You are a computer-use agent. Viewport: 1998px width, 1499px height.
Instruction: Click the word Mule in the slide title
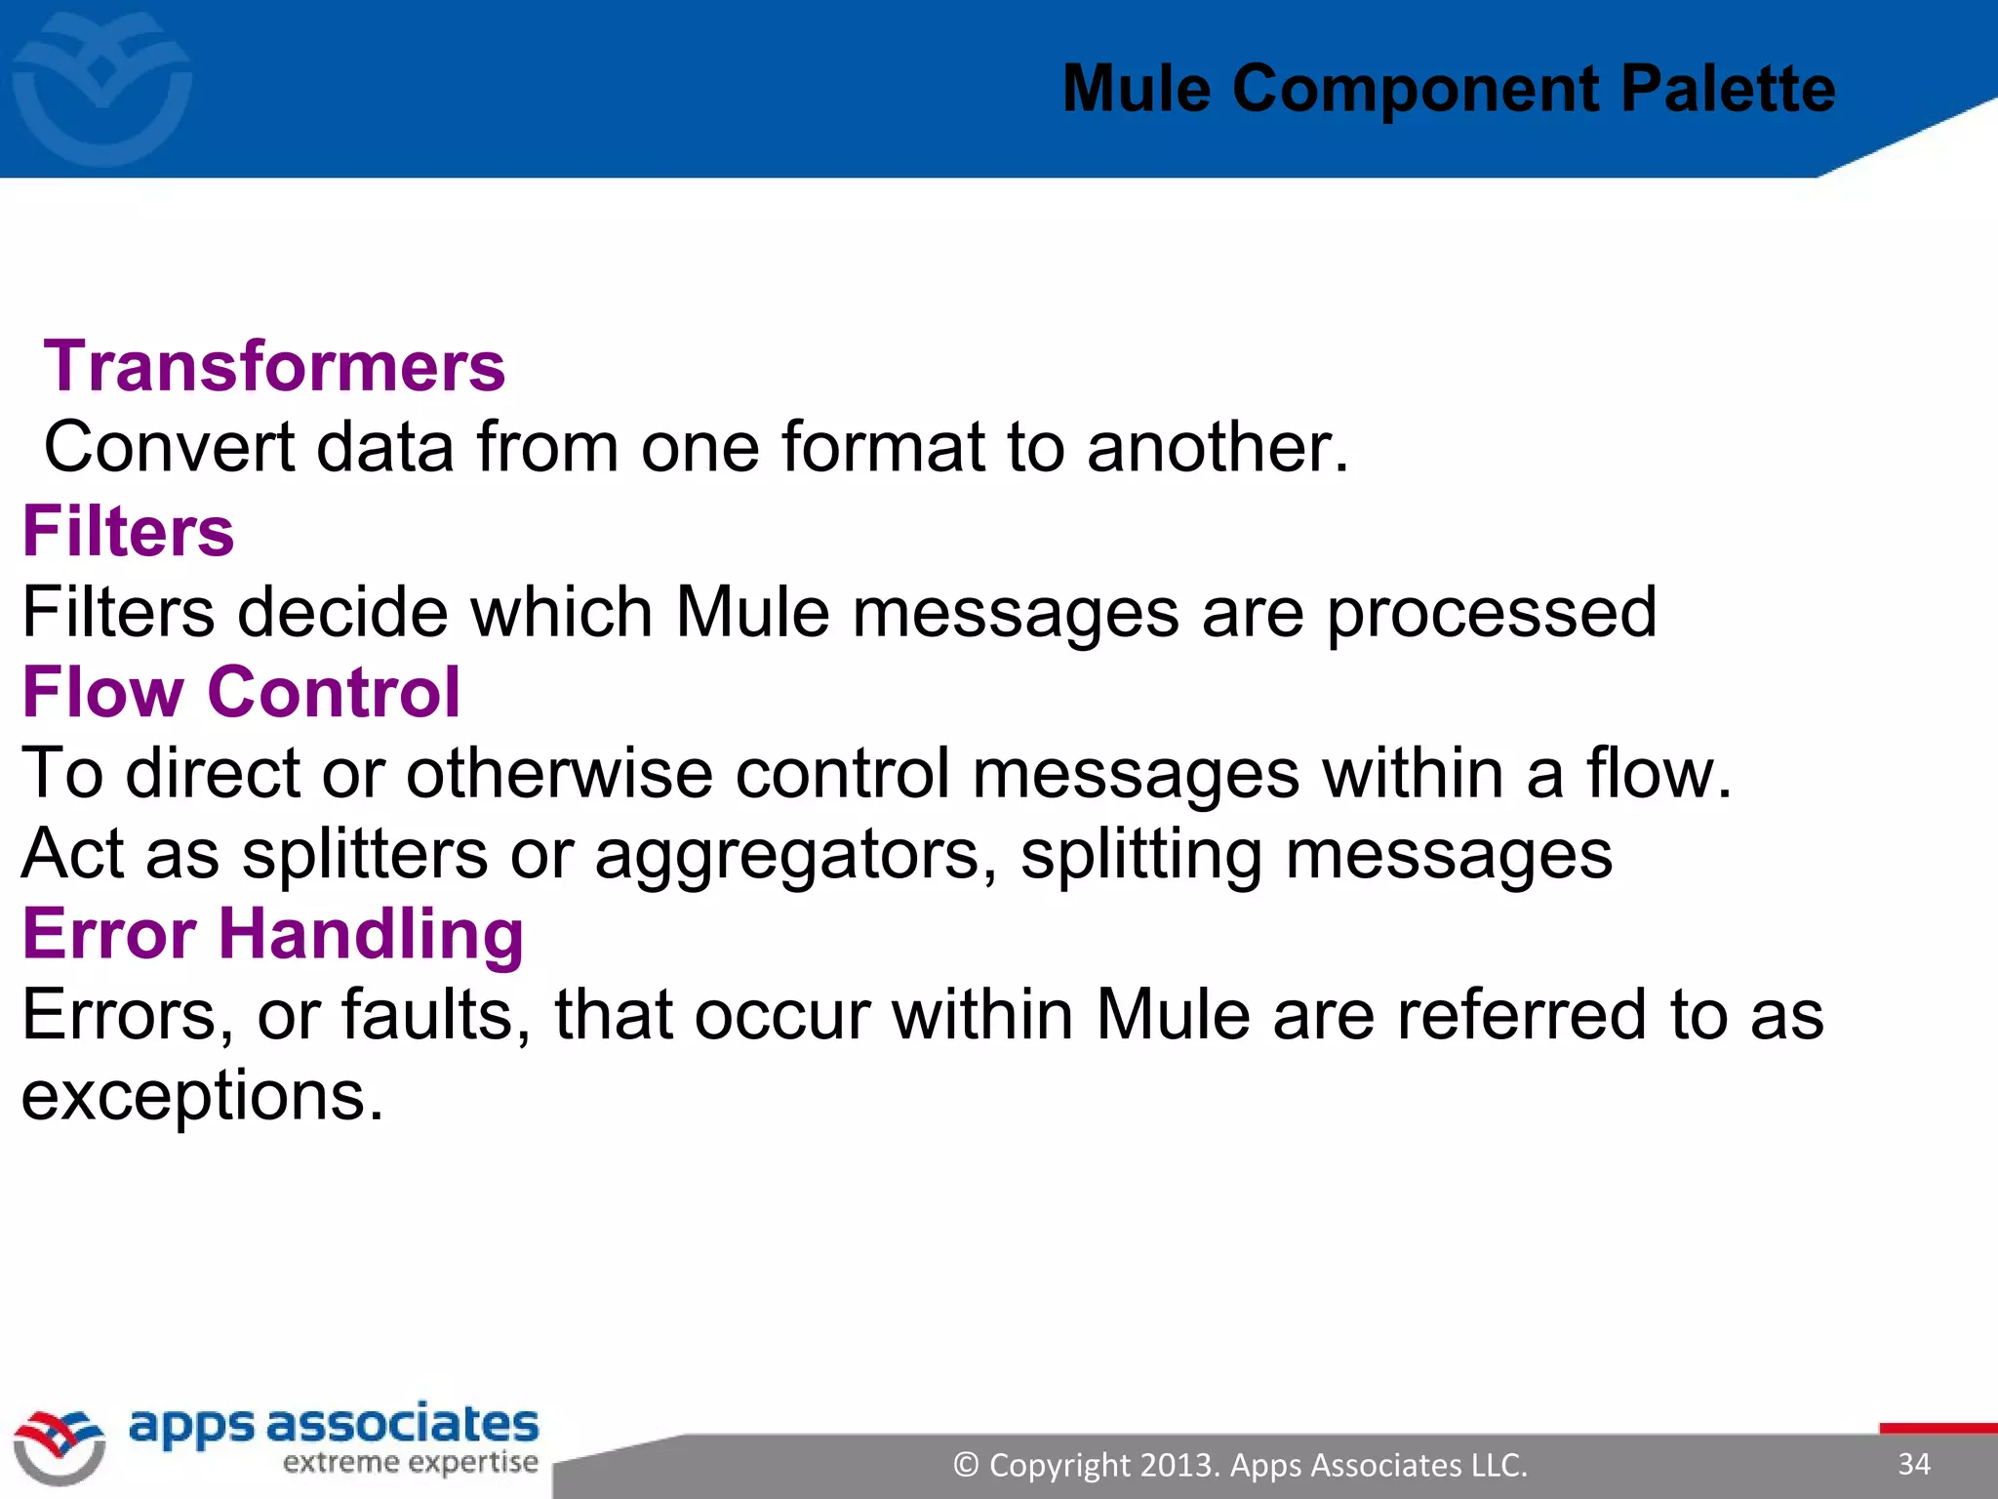click(1137, 90)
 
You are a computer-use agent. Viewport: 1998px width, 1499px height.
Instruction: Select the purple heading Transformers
click(274, 366)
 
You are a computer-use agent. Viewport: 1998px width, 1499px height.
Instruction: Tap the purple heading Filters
click(128, 532)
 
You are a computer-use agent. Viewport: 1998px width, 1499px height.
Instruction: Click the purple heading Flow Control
click(241, 692)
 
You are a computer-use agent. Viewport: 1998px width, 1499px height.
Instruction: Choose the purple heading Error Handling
click(272, 934)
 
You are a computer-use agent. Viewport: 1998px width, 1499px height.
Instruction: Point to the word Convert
click(169, 448)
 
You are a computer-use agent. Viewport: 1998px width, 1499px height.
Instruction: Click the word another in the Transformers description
click(1217, 448)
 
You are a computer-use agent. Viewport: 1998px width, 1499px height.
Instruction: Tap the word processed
click(1491, 613)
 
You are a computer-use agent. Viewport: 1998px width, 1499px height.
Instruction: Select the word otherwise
click(559, 774)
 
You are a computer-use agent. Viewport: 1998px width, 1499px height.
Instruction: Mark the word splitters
click(365, 854)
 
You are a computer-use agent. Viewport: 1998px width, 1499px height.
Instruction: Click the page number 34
click(1914, 1464)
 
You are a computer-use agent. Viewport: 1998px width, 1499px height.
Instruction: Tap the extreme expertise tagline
click(410, 1463)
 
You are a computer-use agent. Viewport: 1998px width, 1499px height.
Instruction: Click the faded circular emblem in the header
click(101, 88)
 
